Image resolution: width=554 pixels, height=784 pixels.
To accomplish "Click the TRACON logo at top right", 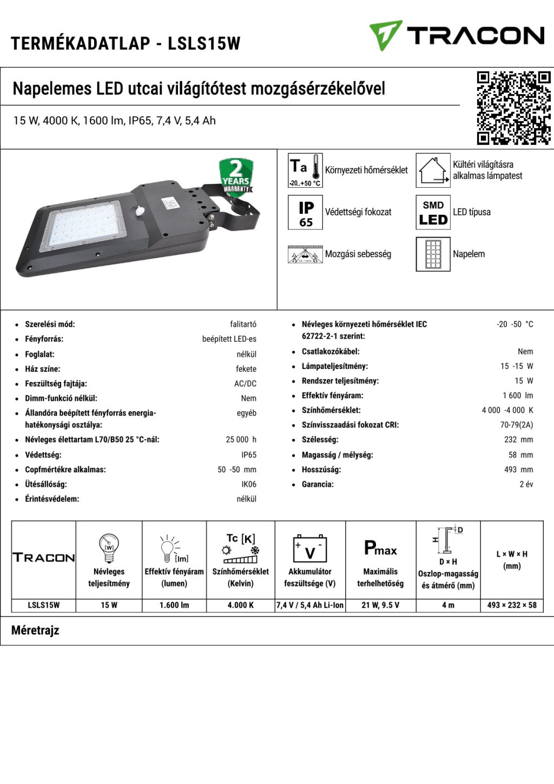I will pos(457,35).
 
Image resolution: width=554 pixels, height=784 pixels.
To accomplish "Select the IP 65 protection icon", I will pos(306,213).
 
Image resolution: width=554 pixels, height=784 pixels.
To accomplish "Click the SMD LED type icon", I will pos(433,213).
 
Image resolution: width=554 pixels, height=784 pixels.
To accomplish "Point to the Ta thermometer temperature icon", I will pos(306,170).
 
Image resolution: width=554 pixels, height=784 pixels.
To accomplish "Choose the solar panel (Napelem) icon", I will pos(433,254).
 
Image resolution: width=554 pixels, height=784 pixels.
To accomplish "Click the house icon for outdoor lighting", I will pos(433,170).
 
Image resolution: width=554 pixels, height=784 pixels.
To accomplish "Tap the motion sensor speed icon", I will pos(306,254).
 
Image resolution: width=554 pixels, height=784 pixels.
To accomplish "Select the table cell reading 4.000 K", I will pos(241,605).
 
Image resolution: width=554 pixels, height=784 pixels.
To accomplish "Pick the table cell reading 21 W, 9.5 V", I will pos(380,605).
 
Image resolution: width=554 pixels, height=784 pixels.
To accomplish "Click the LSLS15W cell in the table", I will pos(44,605).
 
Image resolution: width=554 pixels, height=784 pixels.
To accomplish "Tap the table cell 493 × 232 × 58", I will pos(512,605).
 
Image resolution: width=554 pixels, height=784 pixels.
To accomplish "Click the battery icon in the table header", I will pos(310,549).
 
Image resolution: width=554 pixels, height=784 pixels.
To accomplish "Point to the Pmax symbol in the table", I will pos(380,549).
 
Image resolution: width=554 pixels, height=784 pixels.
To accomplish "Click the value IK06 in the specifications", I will pos(249,484).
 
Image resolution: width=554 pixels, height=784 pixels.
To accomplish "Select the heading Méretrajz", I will pos(35,630).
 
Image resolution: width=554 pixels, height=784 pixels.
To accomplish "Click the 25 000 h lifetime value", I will pos(241,440).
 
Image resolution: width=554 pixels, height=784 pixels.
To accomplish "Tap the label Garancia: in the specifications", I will pos(318,484).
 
